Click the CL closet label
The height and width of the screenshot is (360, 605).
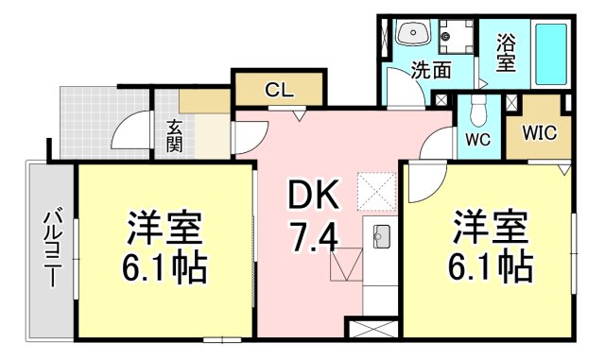[279, 91]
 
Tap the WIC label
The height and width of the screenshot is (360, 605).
[540, 132]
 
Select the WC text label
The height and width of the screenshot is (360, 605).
[477, 139]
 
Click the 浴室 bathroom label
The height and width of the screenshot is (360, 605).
[506, 53]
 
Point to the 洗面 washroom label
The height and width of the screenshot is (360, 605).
[431, 70]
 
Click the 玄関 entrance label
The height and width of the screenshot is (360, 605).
[175, 136]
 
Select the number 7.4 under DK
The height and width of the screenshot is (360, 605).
[315, 237]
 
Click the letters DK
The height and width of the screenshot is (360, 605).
[313, 196]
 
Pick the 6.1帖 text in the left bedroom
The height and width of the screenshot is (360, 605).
[164, 268]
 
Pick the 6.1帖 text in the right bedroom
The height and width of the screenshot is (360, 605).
[491, 267]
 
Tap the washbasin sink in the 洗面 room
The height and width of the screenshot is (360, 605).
[412, 32]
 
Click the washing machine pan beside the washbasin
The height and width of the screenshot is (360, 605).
[456, 37]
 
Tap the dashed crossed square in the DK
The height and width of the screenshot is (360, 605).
[376, 192]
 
